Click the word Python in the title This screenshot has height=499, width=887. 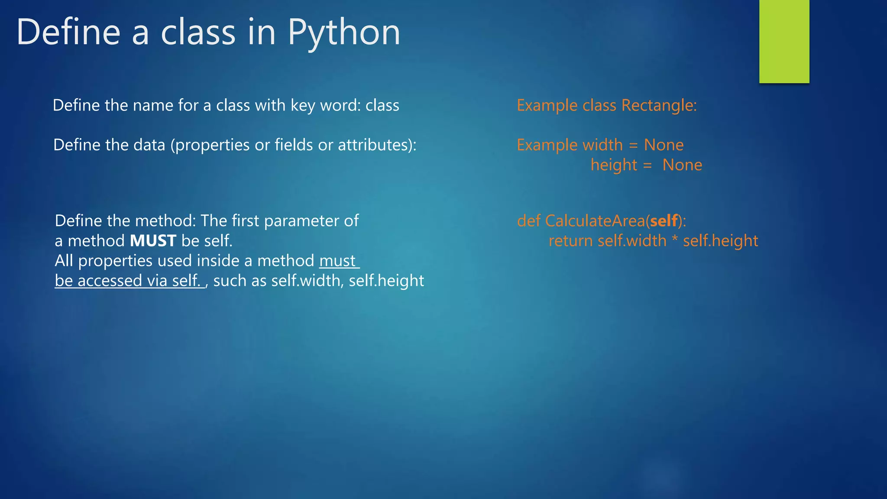344,33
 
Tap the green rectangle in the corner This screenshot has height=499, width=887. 784,41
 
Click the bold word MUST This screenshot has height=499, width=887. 153,241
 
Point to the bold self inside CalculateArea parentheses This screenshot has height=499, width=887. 664,221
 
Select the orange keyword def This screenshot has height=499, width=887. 528,221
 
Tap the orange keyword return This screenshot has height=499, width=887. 570,241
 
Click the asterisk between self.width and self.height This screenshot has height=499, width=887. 675,240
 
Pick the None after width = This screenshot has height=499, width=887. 664,145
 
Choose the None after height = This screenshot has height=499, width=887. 682,165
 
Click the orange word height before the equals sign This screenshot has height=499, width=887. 614,165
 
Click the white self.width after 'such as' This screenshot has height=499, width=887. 306,281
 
